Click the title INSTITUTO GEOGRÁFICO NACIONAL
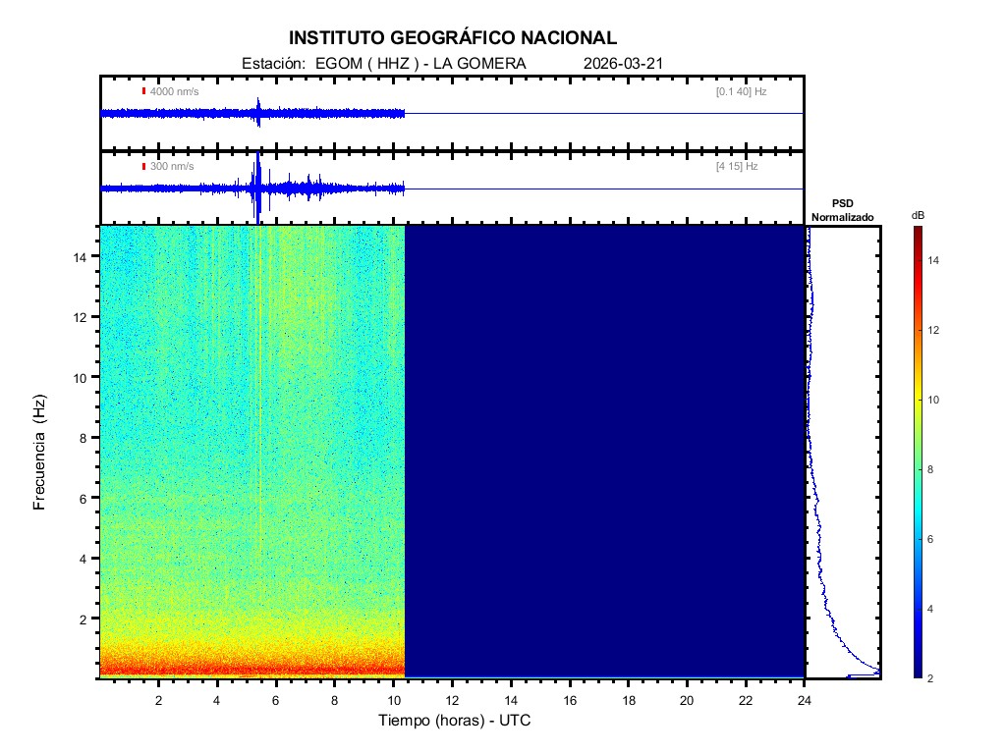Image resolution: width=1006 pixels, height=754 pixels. coord(453,38)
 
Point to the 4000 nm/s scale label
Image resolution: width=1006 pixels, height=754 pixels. coord(172,91)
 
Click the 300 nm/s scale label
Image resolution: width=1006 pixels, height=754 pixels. coord(171,167)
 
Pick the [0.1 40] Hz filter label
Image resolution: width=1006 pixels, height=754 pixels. coord(741,91)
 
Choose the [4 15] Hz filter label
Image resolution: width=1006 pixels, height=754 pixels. coord(737,167)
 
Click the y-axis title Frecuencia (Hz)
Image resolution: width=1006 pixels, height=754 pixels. coord(40,453)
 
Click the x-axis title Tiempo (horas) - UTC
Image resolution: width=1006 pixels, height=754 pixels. coord(455,721)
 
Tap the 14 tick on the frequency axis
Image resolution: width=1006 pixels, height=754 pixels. coord(84,256)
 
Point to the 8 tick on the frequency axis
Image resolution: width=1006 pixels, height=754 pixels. coord(86,438)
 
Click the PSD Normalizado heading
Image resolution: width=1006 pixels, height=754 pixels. coord(842,211)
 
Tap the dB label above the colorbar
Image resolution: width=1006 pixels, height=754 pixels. coord(917,214)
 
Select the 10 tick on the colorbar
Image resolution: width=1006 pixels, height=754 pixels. coord(936,401)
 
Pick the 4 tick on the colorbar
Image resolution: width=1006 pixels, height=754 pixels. coord(933,610)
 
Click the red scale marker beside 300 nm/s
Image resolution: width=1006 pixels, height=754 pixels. coord(143,167)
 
